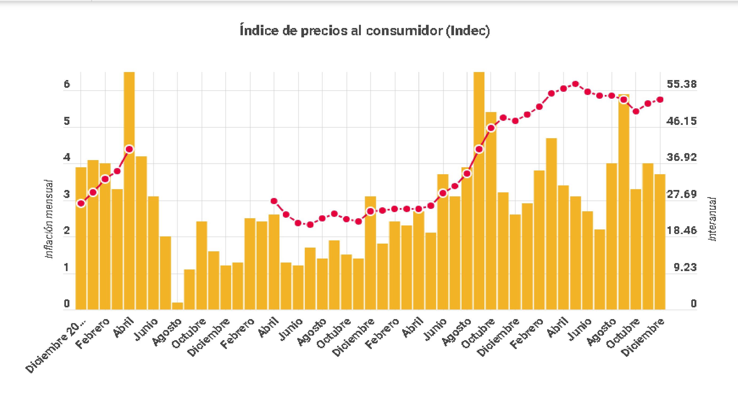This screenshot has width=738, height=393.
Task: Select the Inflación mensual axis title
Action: click(x=49, y=219)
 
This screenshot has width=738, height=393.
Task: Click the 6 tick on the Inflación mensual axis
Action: click(x=67, y=84)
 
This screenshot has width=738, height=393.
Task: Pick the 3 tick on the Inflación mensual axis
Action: click(x=67, y=194)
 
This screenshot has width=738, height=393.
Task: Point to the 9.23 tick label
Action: click(x=685, y=268)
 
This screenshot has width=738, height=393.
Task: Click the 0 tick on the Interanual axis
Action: click(x=693, y=304)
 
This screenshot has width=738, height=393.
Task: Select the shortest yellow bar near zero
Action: click(x=177, y=306)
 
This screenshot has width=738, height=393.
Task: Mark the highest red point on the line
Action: click(x=575, y=84)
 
